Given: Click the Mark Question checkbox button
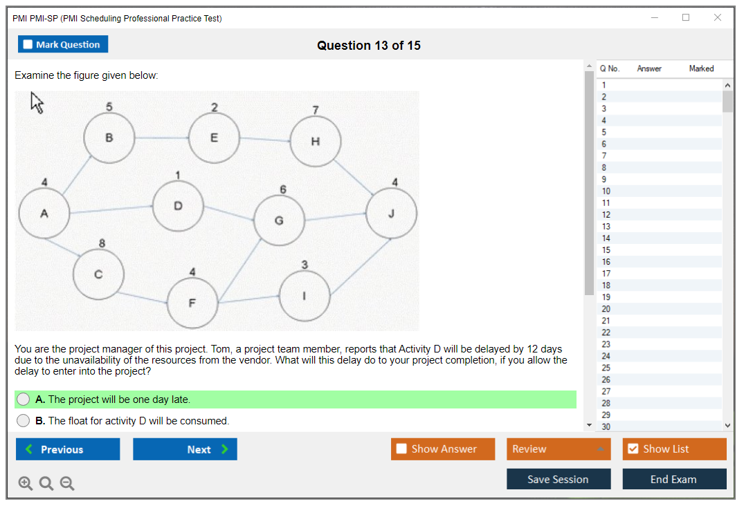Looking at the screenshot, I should pos(62,44).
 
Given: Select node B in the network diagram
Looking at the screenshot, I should pos(109,138).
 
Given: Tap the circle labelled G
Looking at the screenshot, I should pos(279,220).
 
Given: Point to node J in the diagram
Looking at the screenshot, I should pos(391,213).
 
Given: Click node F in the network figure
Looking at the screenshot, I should pos(192,303).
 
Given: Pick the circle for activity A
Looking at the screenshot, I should pos(44,214).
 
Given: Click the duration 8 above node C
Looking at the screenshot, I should pos(102,243).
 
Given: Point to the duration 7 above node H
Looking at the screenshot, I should pos(316,110).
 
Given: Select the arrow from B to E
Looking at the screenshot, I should pos(161,138).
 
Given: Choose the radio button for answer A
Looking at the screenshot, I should pos(24,399).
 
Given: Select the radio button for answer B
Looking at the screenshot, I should pos(24,420).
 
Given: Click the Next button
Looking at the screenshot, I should pos(185,449).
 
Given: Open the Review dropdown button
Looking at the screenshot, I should pos(559,449).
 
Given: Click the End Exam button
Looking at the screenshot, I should pos(673,479).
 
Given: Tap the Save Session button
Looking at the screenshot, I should pos(558,479).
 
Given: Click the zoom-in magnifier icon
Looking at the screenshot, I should pos(26,483).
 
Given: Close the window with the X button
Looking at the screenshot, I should pos(718,18).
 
